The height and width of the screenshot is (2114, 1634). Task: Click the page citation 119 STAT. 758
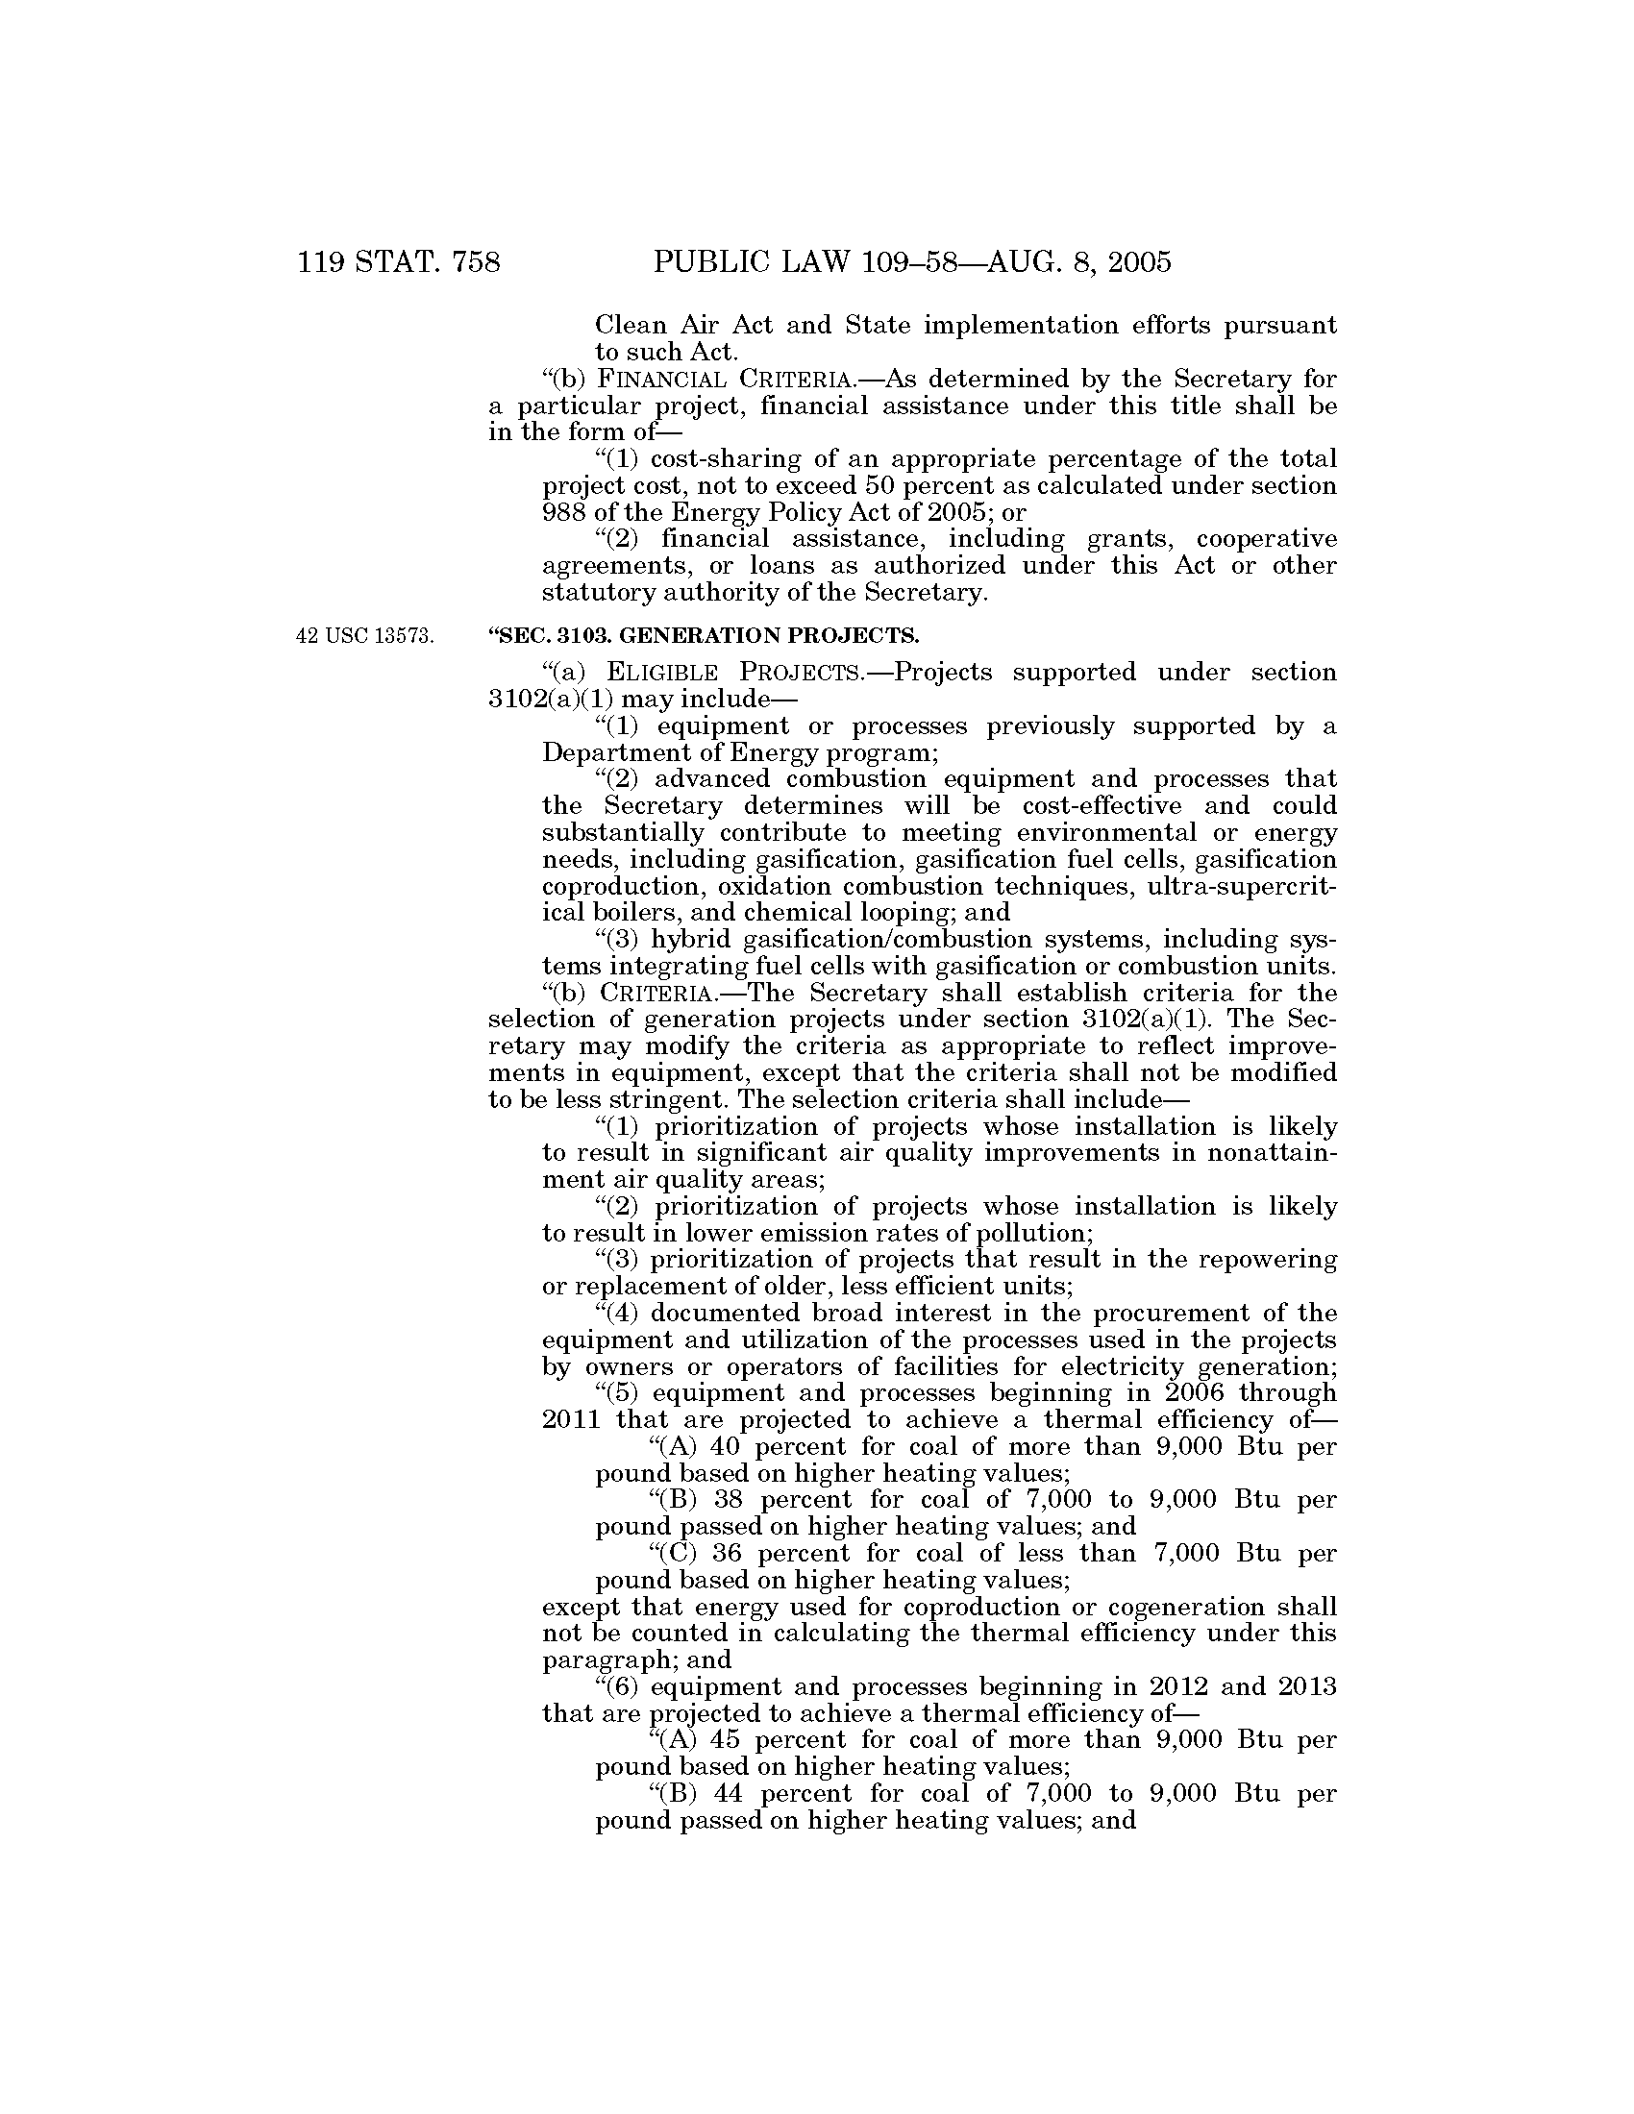(x=399, y=261)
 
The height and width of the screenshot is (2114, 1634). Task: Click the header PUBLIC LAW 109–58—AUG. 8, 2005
(x=912, y=261)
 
